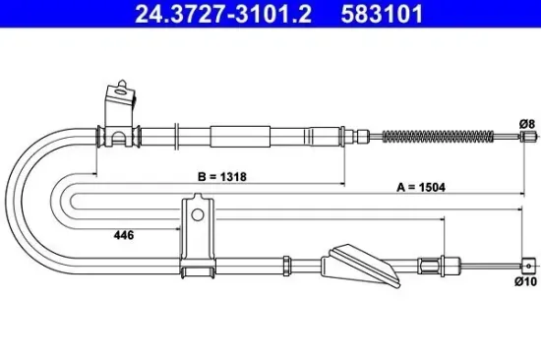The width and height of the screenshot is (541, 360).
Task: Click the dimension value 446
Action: pyautogui.click(x=123, y=235)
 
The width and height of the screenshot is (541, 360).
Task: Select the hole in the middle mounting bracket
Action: pyautogui.click(x=197, y=213)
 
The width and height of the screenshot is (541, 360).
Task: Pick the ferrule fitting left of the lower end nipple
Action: pyautogui.click(x=430, y=264)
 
